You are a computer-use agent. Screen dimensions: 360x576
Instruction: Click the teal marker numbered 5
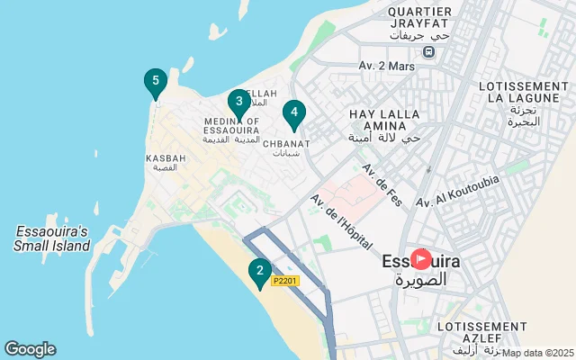156,83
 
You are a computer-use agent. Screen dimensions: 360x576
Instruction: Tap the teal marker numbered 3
238,103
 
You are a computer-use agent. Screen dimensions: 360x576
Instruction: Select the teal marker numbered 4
292,113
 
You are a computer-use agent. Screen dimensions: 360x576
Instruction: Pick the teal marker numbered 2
259,270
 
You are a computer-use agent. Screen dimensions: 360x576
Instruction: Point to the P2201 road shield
285,282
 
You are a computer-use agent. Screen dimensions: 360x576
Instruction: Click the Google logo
30,349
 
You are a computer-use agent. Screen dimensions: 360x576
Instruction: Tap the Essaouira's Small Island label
53,238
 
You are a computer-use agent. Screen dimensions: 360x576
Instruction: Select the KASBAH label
166,158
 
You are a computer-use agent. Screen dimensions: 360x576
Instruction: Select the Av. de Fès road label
382,184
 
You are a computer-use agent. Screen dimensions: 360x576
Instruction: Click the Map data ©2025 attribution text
538,353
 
